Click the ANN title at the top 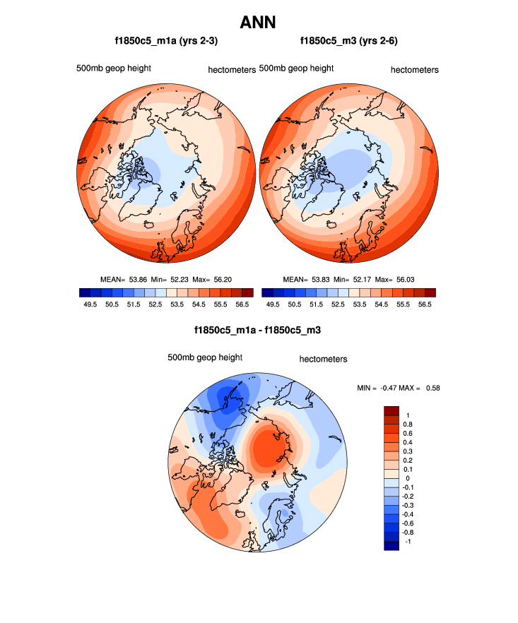point(258,23)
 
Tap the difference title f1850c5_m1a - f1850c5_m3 point(258,331)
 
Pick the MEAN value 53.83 point(319,279)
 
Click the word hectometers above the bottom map point(323,359)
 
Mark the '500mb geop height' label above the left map point(114,69)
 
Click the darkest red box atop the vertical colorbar point(392,410)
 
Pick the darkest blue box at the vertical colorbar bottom point(392,545)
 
